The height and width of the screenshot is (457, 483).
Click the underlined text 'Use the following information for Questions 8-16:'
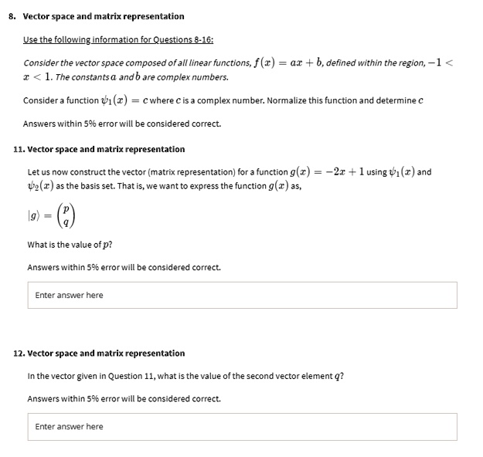click(x=118, y=39)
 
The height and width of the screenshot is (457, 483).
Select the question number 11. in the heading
click(x=19, y=149)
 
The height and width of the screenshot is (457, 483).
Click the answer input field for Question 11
click(x=241, y=295)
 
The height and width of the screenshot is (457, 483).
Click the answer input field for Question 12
click(x=241, y=426)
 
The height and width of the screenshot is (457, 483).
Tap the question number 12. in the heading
click(x=19, y=353)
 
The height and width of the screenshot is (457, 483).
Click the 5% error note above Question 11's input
click(x=124, y=267)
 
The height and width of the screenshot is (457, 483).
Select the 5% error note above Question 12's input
click(x=124, y=398)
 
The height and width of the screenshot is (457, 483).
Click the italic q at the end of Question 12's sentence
click(x=340, y=377)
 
